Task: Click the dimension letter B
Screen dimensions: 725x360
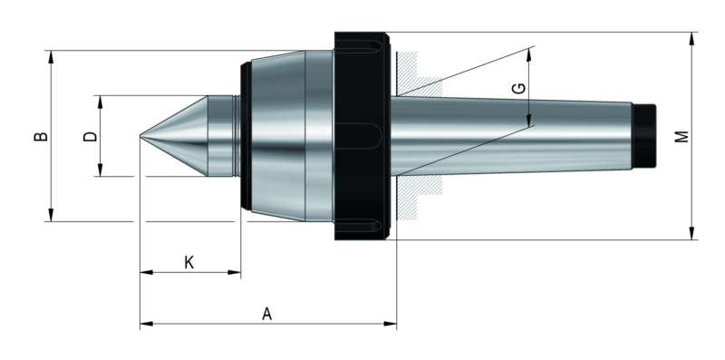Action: tap(41, 136)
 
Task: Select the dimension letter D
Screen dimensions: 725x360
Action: tap(90, 136)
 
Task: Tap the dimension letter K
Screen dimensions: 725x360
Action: tap(189, 262)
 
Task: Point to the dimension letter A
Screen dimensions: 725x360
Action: tap(266, 314)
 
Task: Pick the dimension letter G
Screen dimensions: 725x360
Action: tap(519, 88)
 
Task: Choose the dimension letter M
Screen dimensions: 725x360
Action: tap(681, 137)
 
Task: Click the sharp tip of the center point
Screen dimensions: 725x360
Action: tap(140, 136)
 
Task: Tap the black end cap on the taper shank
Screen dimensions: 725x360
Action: tap(644, 136)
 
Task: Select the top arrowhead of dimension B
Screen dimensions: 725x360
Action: tap(51, 56)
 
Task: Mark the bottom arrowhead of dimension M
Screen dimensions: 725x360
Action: tap(692, 233)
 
